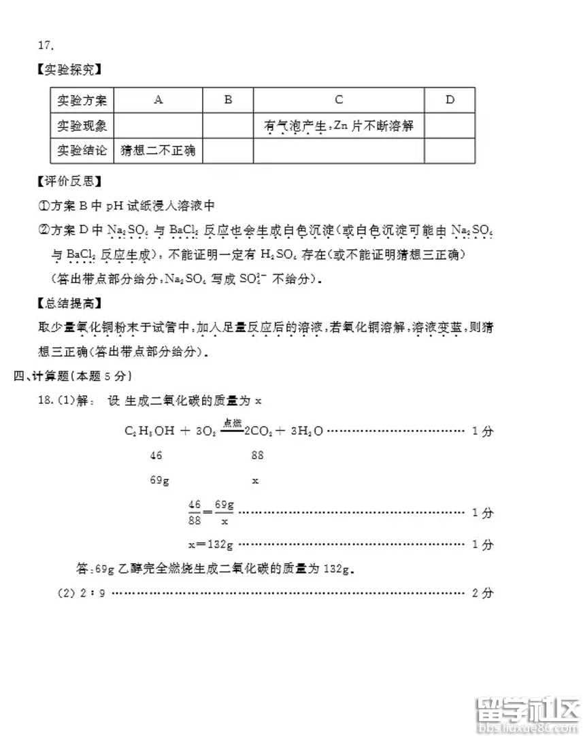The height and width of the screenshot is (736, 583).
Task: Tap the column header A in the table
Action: tap(159, 100)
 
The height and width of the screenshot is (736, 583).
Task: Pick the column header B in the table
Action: tap(228, 100)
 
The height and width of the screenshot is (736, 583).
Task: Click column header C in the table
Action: tap(339, 100)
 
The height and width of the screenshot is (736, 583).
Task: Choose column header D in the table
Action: tap(450, 100)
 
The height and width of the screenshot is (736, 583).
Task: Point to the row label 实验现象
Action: tap(82, 126)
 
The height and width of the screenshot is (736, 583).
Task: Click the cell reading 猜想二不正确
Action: tap(158, 150)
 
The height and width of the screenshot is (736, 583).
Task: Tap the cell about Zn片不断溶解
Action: tap(339, 126)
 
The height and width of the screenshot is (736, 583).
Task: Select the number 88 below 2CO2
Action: tap(257, 455)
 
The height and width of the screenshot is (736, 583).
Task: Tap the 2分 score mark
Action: tap(482, 594)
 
